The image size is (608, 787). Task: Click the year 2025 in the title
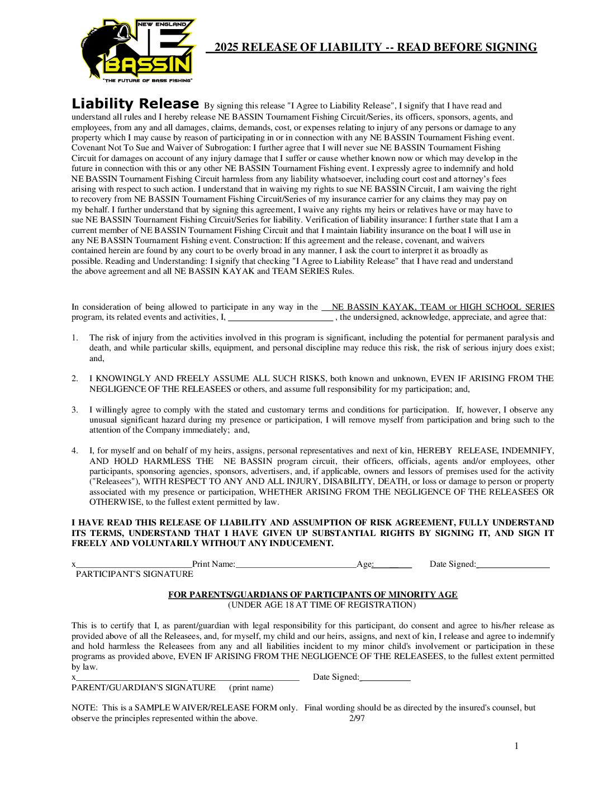coord(226,48)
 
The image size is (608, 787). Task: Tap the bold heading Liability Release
coord(135,104)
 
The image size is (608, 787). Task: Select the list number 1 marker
coord(74,338)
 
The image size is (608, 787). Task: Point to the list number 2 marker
coord(74,378)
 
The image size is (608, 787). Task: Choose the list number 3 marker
coord(74,410)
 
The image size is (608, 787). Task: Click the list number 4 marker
coord(74,451)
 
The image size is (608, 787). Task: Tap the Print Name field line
coord(296,566)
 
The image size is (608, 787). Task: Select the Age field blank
coord(393,566)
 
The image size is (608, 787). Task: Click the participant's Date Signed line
coord(514,566)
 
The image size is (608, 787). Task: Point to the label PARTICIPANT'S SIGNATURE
coord(135,574)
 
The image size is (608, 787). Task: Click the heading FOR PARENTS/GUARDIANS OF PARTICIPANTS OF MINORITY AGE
coord(313,595)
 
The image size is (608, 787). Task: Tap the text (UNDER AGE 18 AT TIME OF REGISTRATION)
coord(322,605)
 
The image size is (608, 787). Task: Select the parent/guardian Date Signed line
coord(386,679)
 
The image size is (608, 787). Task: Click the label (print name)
coord(251,688)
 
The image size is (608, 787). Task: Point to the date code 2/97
coord(357,718)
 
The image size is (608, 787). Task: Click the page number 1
coord(516,746)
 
